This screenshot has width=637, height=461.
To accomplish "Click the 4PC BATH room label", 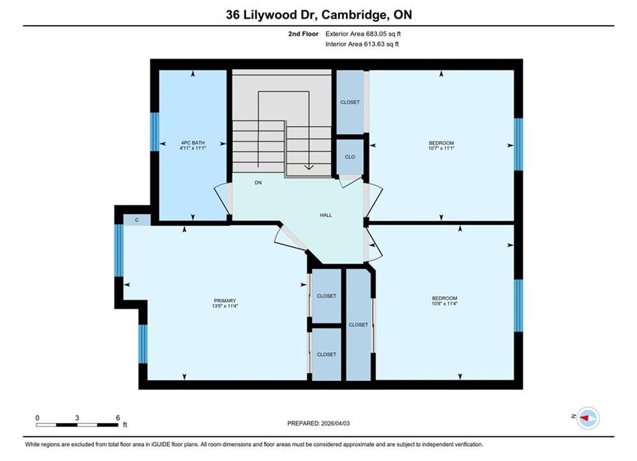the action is [193, 143].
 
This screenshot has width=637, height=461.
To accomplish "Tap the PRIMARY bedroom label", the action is [225, 300].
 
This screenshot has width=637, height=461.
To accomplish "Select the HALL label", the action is [326, 215].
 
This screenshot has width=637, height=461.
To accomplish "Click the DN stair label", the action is [259, 182].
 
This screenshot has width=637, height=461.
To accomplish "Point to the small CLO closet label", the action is [350, 157].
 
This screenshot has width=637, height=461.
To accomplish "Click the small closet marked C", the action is [137, 220].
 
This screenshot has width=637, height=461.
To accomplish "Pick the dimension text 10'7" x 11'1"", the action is [441, 149].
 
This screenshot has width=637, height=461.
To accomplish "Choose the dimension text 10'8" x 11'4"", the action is [444, 303].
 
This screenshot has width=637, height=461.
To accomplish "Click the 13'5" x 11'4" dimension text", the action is [225, 306].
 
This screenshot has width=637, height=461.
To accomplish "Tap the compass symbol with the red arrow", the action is [588, 417].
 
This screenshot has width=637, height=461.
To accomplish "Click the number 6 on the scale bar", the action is [118, 417].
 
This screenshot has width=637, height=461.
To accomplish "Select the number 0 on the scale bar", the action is [37, 417].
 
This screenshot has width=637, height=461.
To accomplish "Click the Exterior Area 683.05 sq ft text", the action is [363, 34].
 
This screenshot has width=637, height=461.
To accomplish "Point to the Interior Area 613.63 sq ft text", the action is [362, 44].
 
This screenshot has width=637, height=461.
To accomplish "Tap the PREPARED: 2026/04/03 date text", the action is [319, 423].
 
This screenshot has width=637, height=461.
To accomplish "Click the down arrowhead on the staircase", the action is [309, 166].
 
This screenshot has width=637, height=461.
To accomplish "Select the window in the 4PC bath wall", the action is [155, 132].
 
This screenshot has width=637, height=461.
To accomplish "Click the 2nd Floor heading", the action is [303, 34].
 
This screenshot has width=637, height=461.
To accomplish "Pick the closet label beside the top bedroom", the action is [350, 102].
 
